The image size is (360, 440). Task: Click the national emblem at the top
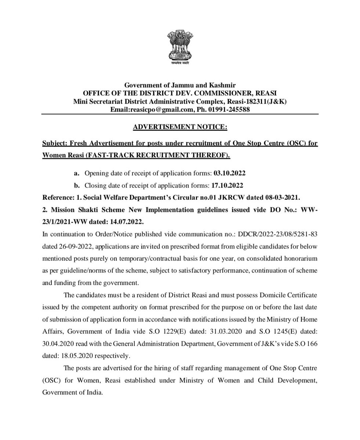click(x=180, y=47)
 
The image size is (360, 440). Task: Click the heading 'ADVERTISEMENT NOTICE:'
click(x=180, y=127)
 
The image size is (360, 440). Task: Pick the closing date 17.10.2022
click(x=227, y=186)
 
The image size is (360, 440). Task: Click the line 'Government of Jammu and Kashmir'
click(x=180, y=85)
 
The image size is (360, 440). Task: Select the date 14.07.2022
click(x=128, y=222)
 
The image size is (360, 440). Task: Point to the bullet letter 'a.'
click(x=76, y=173)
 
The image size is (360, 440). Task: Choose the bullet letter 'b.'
click(x=76, y=186)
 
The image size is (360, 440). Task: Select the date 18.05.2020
click(x=80, y=356)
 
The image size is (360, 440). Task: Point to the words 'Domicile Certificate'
click(x=288, y=295)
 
